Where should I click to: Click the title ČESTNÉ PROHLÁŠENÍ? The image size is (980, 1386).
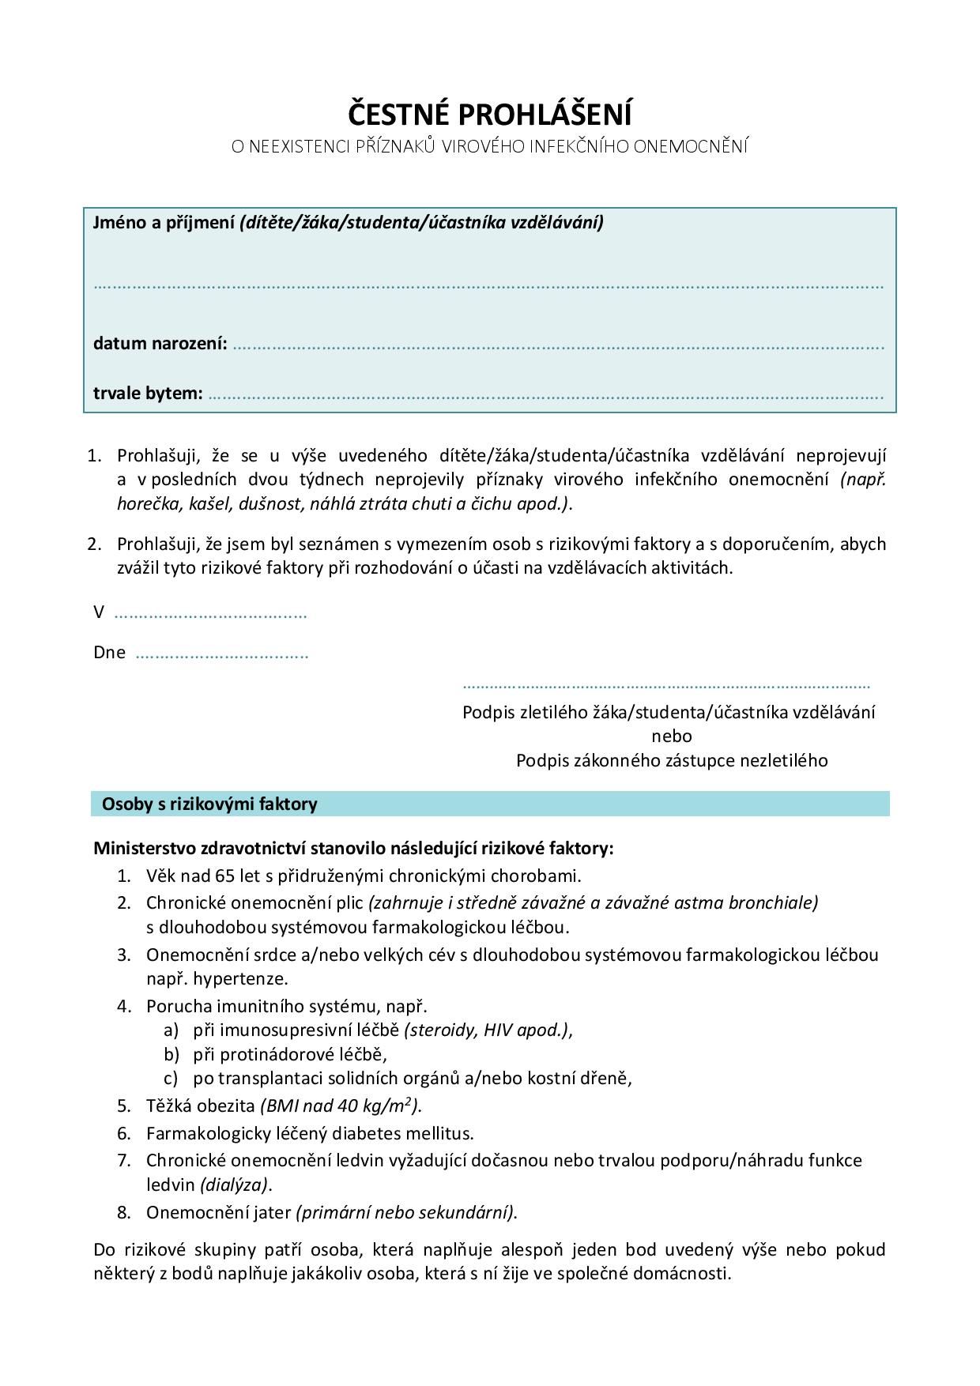pos(490,115)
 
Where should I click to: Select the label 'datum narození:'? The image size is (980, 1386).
pos(160,344)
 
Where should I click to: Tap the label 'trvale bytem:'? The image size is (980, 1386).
pos(148,393)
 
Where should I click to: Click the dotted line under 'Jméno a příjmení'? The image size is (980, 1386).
pos(488,286)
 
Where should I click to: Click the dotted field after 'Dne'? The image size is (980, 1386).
pos(221,655)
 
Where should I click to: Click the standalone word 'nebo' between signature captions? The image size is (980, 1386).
pos(672,736)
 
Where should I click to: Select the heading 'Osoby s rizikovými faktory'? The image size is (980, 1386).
pos(209,804)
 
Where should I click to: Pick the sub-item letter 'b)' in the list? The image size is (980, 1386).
pos(172,1054)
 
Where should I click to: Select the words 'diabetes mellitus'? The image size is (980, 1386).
pos(401,1134)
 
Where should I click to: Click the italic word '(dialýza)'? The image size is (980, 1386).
pos(235,1185)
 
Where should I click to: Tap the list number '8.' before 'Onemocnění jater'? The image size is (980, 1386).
pos(124,1212)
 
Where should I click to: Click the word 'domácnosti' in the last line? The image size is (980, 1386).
pos(687,1274)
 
